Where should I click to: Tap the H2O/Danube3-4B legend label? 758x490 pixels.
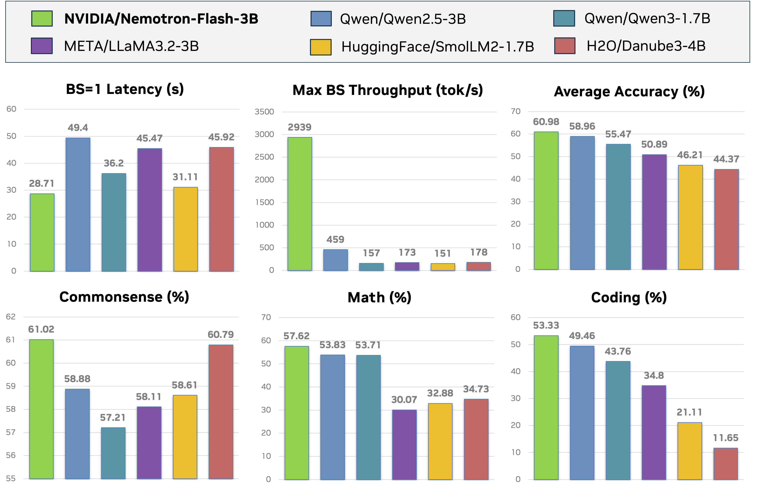(x=646, y=46)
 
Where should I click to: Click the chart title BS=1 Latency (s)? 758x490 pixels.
(x=125, y=89)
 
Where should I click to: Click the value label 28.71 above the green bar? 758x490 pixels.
(x=42, y=184)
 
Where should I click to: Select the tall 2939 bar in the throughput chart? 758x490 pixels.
(x=300, y=204)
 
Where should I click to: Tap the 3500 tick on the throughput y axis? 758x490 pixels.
(x=264, y=112)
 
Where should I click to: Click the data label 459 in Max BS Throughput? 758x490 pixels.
(x=335, y=239)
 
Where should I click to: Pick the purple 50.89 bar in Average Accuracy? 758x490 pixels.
(x=654, y=212)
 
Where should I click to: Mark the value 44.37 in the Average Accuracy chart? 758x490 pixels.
(x=726, y=159)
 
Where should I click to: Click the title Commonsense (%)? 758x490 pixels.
(x=124, y=297)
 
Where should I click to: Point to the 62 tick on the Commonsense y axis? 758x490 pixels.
(x=11, y=317)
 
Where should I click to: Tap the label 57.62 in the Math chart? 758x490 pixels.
(x=296, y=336)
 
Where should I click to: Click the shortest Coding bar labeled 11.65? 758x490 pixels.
(x=726, y=463)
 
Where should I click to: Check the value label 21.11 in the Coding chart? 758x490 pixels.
(x=689, y=412)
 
